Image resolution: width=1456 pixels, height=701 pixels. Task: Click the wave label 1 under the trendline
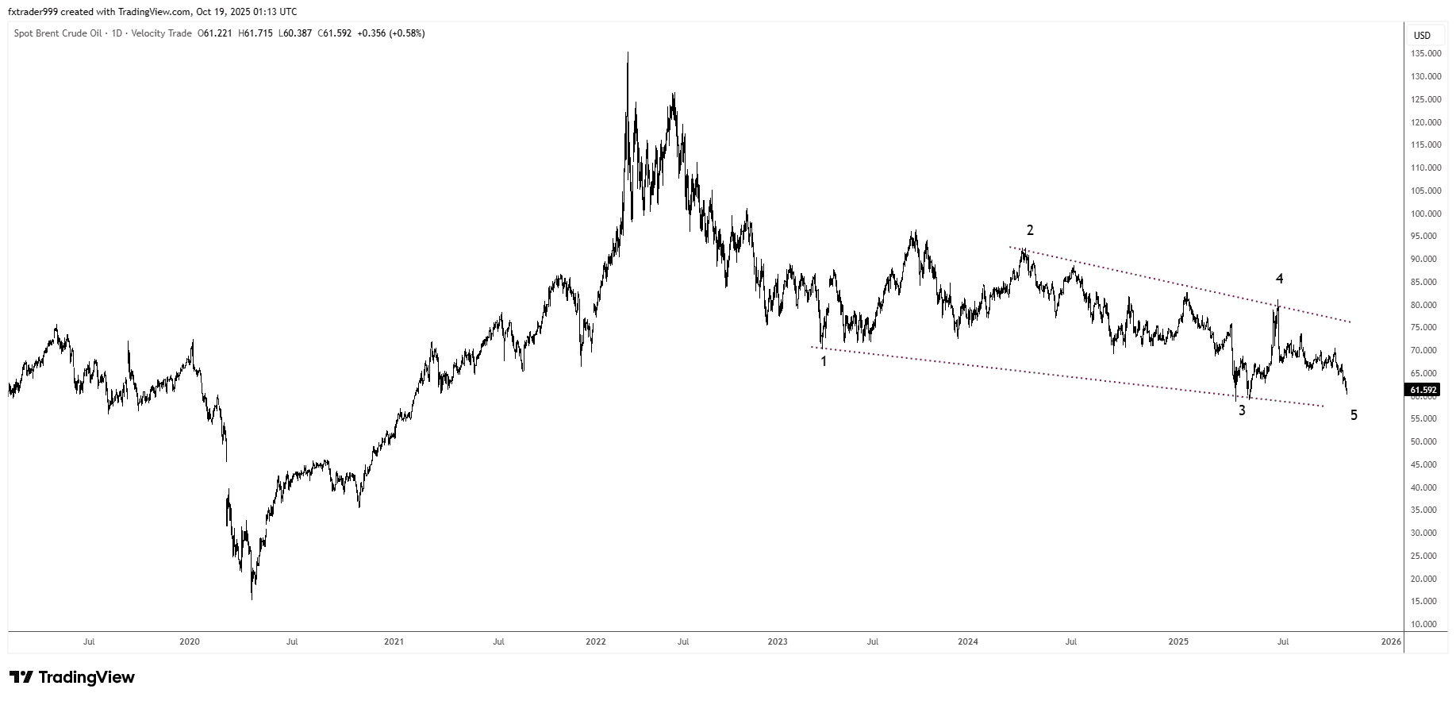824,361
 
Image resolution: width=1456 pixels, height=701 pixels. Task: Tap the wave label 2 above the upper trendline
1030,230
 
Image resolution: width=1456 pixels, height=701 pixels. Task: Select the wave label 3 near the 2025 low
1242,410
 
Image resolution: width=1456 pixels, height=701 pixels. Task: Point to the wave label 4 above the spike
1279,279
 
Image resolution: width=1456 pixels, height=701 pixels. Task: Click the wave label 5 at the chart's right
1354,415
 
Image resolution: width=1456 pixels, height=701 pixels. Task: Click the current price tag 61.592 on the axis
1423,390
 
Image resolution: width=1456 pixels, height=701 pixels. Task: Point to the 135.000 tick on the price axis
1425,54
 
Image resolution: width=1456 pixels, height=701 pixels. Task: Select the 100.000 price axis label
1425,214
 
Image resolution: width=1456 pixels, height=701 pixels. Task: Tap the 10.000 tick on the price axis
1427,625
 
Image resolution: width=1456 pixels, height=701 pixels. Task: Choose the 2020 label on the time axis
190,641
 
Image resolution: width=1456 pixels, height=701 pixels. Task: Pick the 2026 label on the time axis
1390,641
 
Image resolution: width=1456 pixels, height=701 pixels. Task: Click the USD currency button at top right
1422,35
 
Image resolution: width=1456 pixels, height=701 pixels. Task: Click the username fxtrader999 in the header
35,12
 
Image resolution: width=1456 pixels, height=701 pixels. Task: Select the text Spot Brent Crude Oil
57,33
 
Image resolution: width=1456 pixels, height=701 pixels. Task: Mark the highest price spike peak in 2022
628,53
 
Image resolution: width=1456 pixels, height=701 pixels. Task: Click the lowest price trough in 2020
252,599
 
